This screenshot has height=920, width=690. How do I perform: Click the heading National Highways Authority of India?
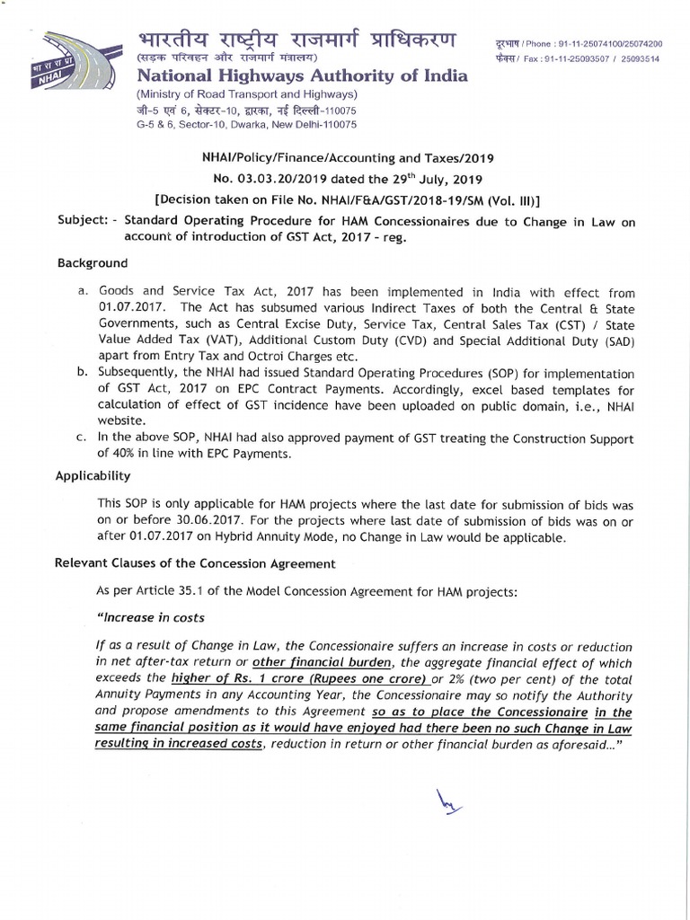(x=301, y=76)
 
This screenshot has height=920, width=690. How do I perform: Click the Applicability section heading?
(x=94, y=475)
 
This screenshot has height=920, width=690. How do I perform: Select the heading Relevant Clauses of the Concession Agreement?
(x=196, y=563)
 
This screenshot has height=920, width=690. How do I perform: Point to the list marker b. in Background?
(x=81, y=374)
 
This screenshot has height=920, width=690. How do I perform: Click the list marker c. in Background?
(x=81, y=438)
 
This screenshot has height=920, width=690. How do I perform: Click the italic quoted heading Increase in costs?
(x=149, y=617)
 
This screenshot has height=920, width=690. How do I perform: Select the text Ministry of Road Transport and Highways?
(x=246, y=94)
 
